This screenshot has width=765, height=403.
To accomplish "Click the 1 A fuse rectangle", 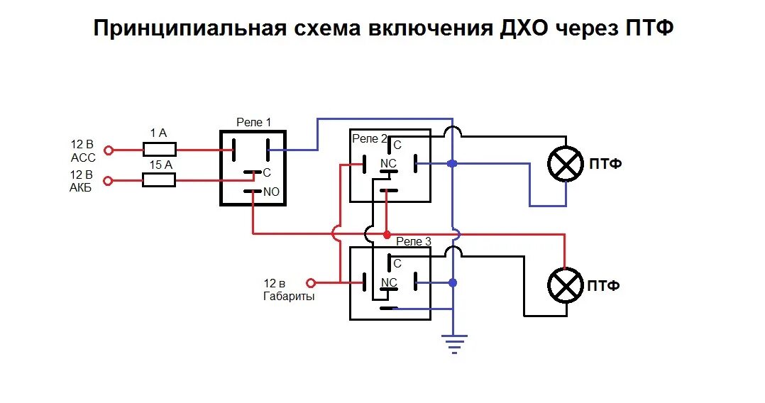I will point(160,150).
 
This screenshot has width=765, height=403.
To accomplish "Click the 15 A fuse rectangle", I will point(160,180).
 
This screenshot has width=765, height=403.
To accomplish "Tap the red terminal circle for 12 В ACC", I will point(109,150).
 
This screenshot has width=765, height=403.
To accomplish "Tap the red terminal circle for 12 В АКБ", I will point(109,181).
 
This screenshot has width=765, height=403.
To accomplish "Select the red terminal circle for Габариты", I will point(308,282).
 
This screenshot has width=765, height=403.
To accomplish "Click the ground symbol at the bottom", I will point(453,343).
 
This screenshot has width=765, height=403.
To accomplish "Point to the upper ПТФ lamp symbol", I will point(566,165).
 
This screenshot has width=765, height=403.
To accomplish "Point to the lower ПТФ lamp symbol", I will point(566,285).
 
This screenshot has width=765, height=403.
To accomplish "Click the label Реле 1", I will point(253,123).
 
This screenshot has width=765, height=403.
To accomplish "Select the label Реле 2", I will point(370,138).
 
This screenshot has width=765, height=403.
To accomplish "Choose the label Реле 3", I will point(414,242).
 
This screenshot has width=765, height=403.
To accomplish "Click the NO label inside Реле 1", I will point(272,192).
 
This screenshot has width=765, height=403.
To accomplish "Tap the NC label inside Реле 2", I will point(389,163).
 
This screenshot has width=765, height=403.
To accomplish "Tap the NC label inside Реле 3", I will point(389,282).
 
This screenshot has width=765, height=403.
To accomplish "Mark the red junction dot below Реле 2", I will point(386,234).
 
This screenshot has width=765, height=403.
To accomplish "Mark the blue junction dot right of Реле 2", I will point(453,164).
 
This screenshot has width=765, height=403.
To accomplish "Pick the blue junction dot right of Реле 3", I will point(453,283).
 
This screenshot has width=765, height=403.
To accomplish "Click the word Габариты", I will point(289,297).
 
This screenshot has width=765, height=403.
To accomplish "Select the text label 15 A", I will point(160,165).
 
